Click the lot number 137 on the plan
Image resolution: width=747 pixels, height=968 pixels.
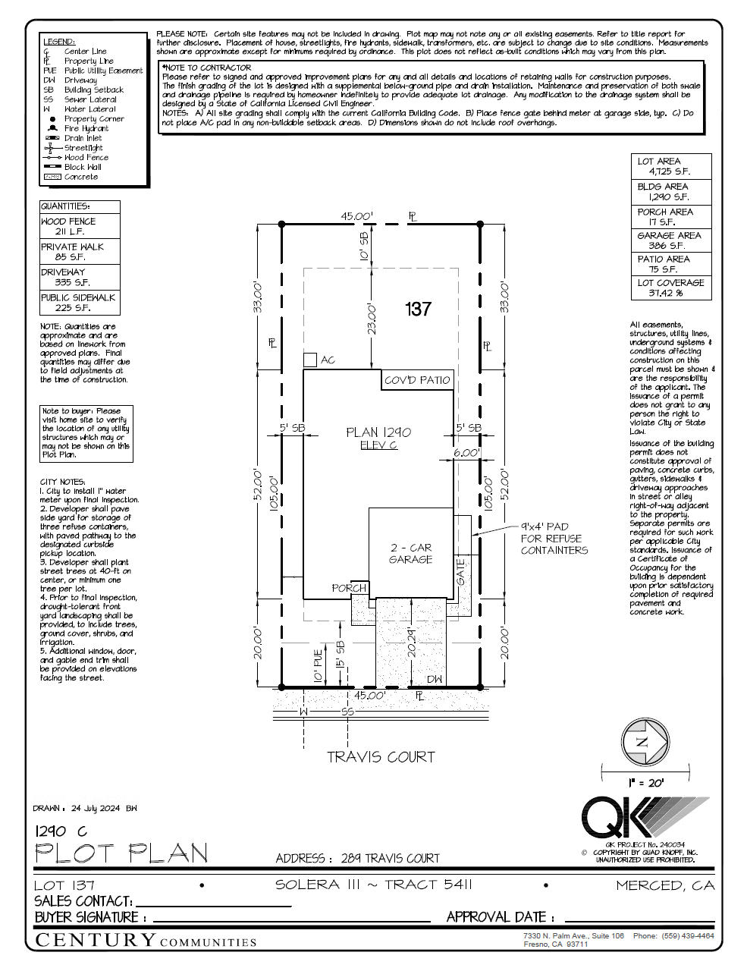coord(418,309)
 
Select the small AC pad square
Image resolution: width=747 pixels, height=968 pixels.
coord(310,360)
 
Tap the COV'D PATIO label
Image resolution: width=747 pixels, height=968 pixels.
coord(417,380)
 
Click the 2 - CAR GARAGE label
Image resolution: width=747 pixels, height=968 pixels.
coord(410,553)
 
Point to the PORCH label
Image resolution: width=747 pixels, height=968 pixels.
coord(349,588)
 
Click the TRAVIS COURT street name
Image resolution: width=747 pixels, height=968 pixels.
coord(381,757)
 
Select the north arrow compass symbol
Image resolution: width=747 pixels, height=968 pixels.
coord(644,743)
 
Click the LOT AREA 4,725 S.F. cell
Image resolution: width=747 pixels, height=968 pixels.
coord(670,166)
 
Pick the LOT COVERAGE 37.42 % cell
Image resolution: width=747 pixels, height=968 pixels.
coord(670,288)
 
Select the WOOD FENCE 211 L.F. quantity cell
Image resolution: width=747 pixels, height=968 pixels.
coord(79,226)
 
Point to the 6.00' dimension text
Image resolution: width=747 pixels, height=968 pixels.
coord(466,452)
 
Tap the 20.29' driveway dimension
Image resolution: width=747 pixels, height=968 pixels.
coord(411,641)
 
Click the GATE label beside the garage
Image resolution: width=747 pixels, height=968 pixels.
coord(461,572)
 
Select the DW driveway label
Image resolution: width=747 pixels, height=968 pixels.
coord(434,679)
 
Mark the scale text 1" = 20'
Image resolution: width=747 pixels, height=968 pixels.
coord(645,783)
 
